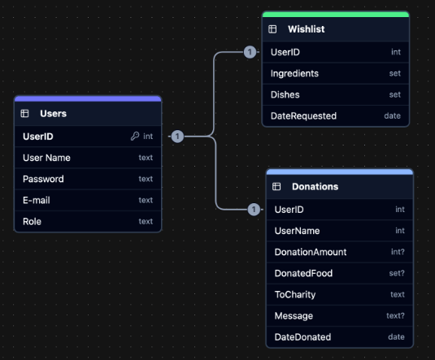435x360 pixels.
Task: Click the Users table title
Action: tap(53, 114)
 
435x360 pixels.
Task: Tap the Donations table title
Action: tap(316, 187)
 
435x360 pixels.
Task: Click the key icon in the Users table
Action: tap(135, 137)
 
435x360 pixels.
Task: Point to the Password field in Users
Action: tap(43, 179)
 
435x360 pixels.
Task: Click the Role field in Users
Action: tap(33, 221)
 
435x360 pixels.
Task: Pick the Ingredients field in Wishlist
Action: tap(294, 73)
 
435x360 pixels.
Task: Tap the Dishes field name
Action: tap(285, 94)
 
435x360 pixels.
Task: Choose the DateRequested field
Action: tap(303, 115)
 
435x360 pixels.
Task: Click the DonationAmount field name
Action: tap(311, 252)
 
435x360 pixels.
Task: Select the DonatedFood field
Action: tap(303, 273)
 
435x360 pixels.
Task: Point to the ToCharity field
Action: tap(295, 294)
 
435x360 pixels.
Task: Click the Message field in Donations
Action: tap(294, 315)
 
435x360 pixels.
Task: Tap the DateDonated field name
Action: tap(302, 336)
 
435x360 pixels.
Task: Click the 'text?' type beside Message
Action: tap(395, 315)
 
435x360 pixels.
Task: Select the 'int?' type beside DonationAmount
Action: tap(397, 252)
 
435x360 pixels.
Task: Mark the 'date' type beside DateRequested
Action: tap(393, 115)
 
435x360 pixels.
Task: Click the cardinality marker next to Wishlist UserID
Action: tap(250, 52)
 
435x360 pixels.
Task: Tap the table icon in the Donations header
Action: tap(276, 187)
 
